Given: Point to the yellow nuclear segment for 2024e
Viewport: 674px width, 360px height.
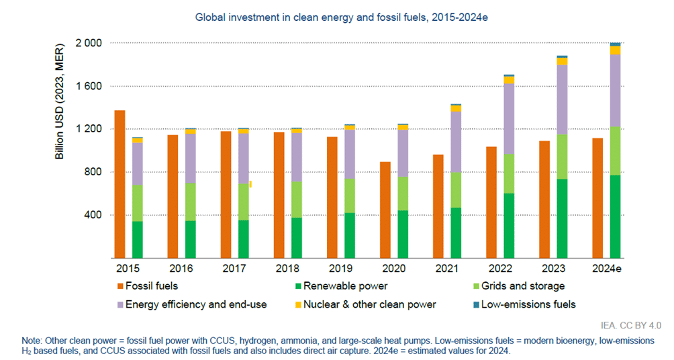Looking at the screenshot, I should [x=614, y=50].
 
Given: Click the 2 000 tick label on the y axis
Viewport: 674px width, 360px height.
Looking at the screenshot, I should [x=87, y=44].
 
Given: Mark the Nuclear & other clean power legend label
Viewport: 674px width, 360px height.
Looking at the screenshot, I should [x=369, y=304].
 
